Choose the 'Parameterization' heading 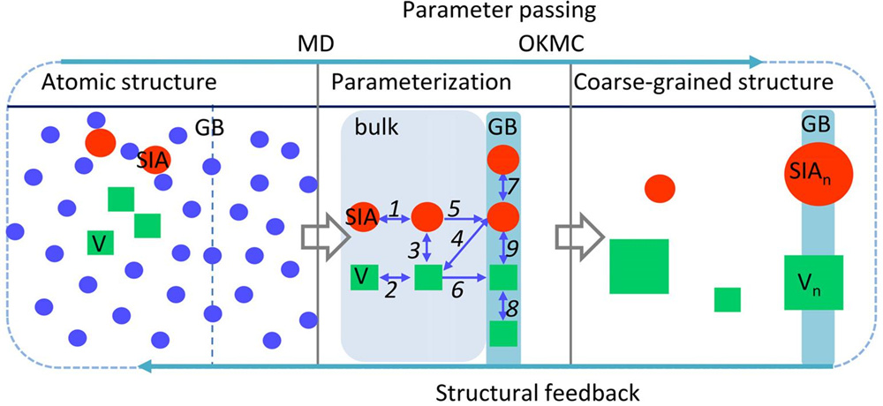421,86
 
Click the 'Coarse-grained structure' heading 703,86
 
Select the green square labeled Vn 813,282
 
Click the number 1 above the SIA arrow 395,206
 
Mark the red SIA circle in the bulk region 362,215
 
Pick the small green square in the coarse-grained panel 728,300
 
